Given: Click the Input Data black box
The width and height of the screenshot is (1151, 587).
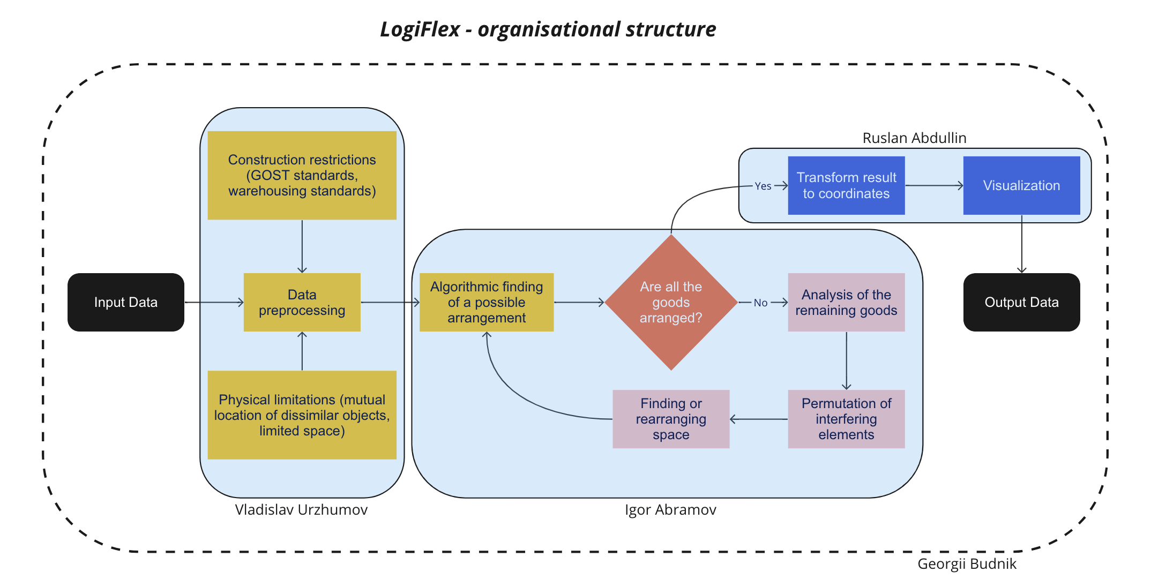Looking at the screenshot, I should (126, 303).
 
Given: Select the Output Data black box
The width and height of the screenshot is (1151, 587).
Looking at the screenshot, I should (1021, 303).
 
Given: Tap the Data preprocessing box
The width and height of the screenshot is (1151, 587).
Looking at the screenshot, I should (302, 303).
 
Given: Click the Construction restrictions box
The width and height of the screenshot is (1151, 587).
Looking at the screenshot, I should (302, 175).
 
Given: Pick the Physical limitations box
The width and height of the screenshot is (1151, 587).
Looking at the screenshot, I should (302, 415).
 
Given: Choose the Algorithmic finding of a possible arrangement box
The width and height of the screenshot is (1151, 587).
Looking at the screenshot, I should (487, 303).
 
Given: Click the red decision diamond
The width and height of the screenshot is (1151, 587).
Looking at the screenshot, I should (671, 303).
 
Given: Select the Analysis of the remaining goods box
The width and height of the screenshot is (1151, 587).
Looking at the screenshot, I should (846, 303).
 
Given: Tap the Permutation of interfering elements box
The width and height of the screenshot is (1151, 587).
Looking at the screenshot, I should (846, 419).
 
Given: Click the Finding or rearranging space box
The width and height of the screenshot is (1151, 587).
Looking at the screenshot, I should (671, 419).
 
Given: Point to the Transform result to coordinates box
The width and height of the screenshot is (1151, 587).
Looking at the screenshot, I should (846, 185).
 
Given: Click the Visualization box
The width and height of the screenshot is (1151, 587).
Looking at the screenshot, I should (1021, 185).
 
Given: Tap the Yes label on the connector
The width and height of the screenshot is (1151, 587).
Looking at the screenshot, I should (763, 186).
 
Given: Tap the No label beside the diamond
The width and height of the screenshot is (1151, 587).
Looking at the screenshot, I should (760, 303).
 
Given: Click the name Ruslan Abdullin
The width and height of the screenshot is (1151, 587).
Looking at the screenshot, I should (914, 138).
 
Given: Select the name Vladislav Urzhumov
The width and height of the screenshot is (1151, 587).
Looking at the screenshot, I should (301, 510).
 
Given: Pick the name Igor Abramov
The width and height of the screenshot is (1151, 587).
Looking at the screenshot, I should (670, 510).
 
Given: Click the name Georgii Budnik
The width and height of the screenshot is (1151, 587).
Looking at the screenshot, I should (967, 564).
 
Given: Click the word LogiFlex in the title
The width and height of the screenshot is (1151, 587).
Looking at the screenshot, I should (420, 29).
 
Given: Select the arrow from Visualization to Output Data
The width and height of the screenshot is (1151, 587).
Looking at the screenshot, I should (1021, 244).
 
